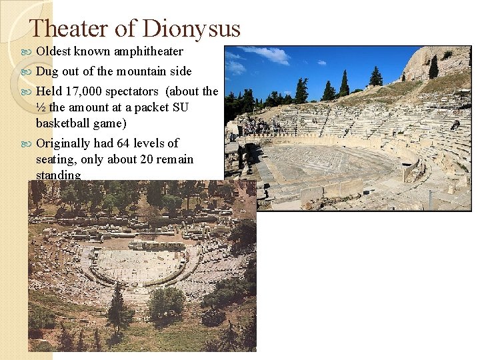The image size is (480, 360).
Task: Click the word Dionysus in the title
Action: tap(192, 29)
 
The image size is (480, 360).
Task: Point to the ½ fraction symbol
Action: tap(41, 108)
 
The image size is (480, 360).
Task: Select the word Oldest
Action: tap(54, 51)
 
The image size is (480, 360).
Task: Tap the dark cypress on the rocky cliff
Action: tap(434, 67)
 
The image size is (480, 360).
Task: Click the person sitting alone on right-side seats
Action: tap(455, 124)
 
